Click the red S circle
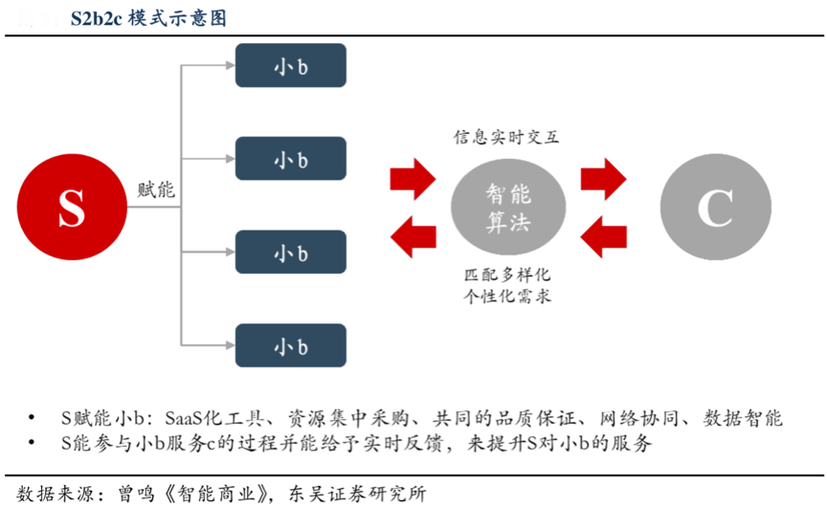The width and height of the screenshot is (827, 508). point(71,207)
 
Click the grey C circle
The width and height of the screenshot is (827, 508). point(713,207)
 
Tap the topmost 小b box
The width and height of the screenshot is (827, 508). point(291,66)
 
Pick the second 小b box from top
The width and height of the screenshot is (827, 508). point(291,160)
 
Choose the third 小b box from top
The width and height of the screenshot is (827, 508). point(291,254)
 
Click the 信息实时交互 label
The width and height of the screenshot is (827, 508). point(507,137)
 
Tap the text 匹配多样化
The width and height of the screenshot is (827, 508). point(507,276)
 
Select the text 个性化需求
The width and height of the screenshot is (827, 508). point(507,297)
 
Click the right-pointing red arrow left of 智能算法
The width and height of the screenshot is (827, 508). point(413,178)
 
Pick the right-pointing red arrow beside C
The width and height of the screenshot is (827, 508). point(604,178)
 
